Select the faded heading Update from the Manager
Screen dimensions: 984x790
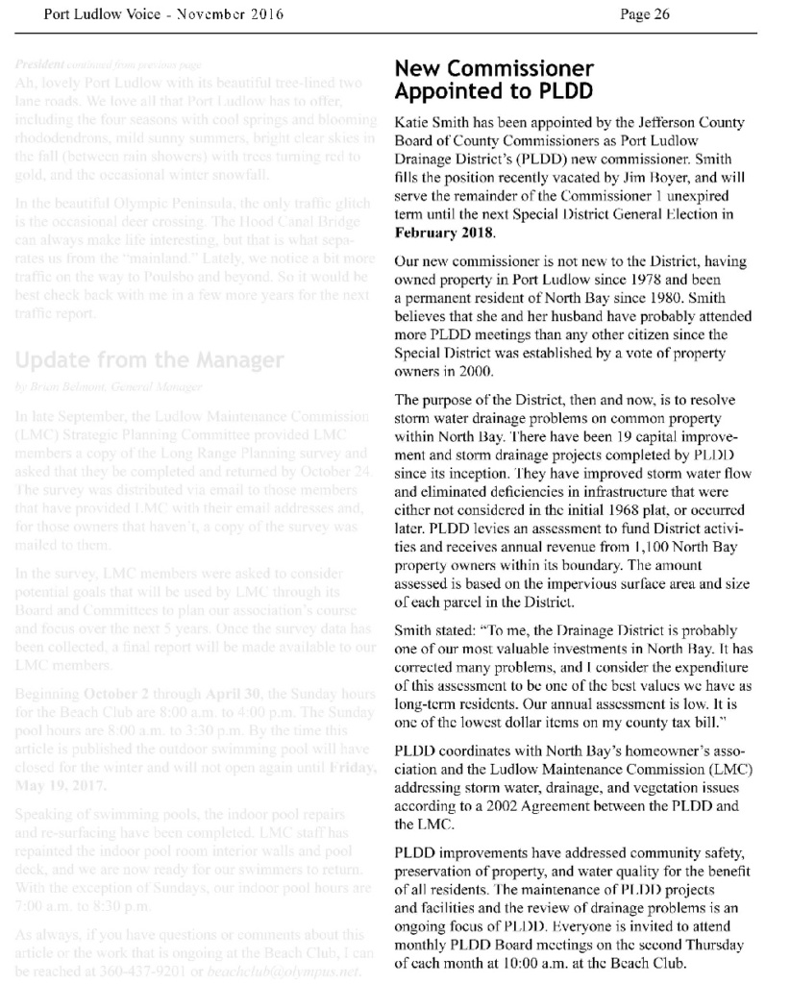point(150,361)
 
